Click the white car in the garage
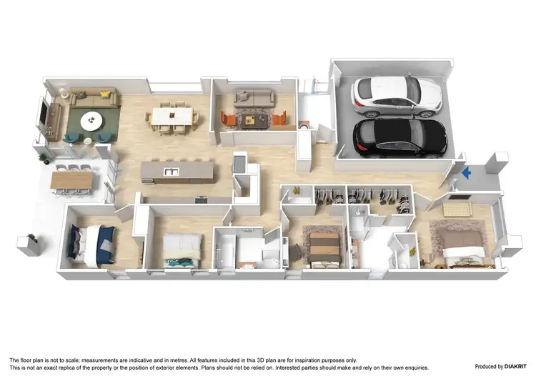[397, 95]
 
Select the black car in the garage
[399, 137]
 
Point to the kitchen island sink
[169, 171]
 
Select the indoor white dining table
[171, 116]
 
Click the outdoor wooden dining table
[73, 179]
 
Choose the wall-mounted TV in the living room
[45, 117]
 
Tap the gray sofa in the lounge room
[254, 97]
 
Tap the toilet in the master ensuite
[405, 251]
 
